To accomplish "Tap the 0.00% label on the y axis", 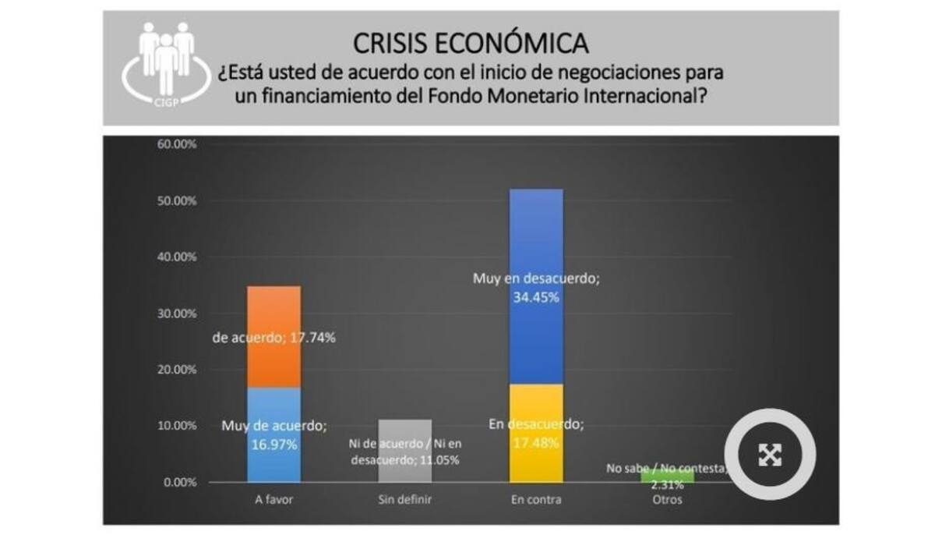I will coord(178,482).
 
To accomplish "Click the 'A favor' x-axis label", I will coord(273,500).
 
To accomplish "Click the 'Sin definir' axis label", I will coord(404,500).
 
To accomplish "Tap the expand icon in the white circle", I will coord(770,454).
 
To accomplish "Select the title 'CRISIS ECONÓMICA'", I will coord(471,42).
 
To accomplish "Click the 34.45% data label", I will coord(537,296).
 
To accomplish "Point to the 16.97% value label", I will coord(273,445).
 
